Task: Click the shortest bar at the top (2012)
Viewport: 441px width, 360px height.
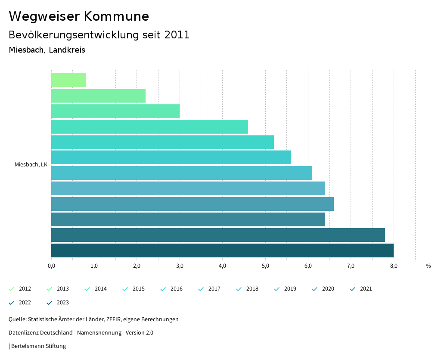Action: [68, 80]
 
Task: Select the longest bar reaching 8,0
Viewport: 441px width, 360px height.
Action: [222, 250]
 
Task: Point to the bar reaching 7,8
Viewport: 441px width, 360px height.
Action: [218, 235]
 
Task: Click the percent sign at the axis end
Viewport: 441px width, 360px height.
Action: [428, 266]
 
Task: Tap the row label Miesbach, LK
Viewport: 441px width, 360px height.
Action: [31, 165]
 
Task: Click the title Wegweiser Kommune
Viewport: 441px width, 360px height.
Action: [79, 16]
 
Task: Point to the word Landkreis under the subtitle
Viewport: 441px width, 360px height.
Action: [67, 50]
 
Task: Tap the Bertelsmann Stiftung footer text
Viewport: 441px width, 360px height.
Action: [38, 346]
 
